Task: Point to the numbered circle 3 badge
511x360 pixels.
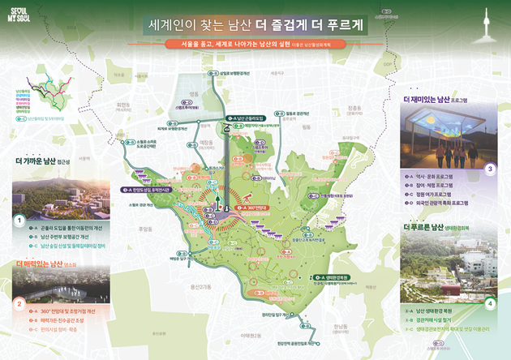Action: pyautogui.click(x=489, y=169)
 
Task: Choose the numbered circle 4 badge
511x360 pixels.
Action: pyautogui.click(x=489, y=304)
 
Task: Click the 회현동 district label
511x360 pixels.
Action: pyautogui.click(x=123, y=105)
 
